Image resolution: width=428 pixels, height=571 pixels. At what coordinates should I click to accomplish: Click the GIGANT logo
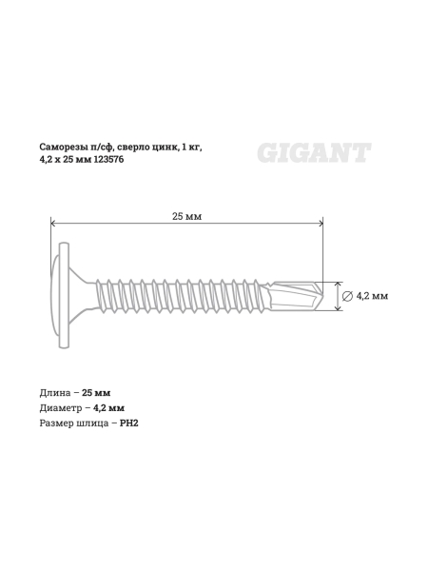coord(314,151)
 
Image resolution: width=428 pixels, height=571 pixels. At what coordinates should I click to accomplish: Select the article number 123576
coord(109,161)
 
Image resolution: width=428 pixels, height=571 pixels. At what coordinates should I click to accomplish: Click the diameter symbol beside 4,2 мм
coord(347,296)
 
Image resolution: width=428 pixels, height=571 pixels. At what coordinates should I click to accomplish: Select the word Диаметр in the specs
coord(62,407)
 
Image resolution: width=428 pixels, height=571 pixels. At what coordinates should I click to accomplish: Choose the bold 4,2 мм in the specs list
coord(109,407)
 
